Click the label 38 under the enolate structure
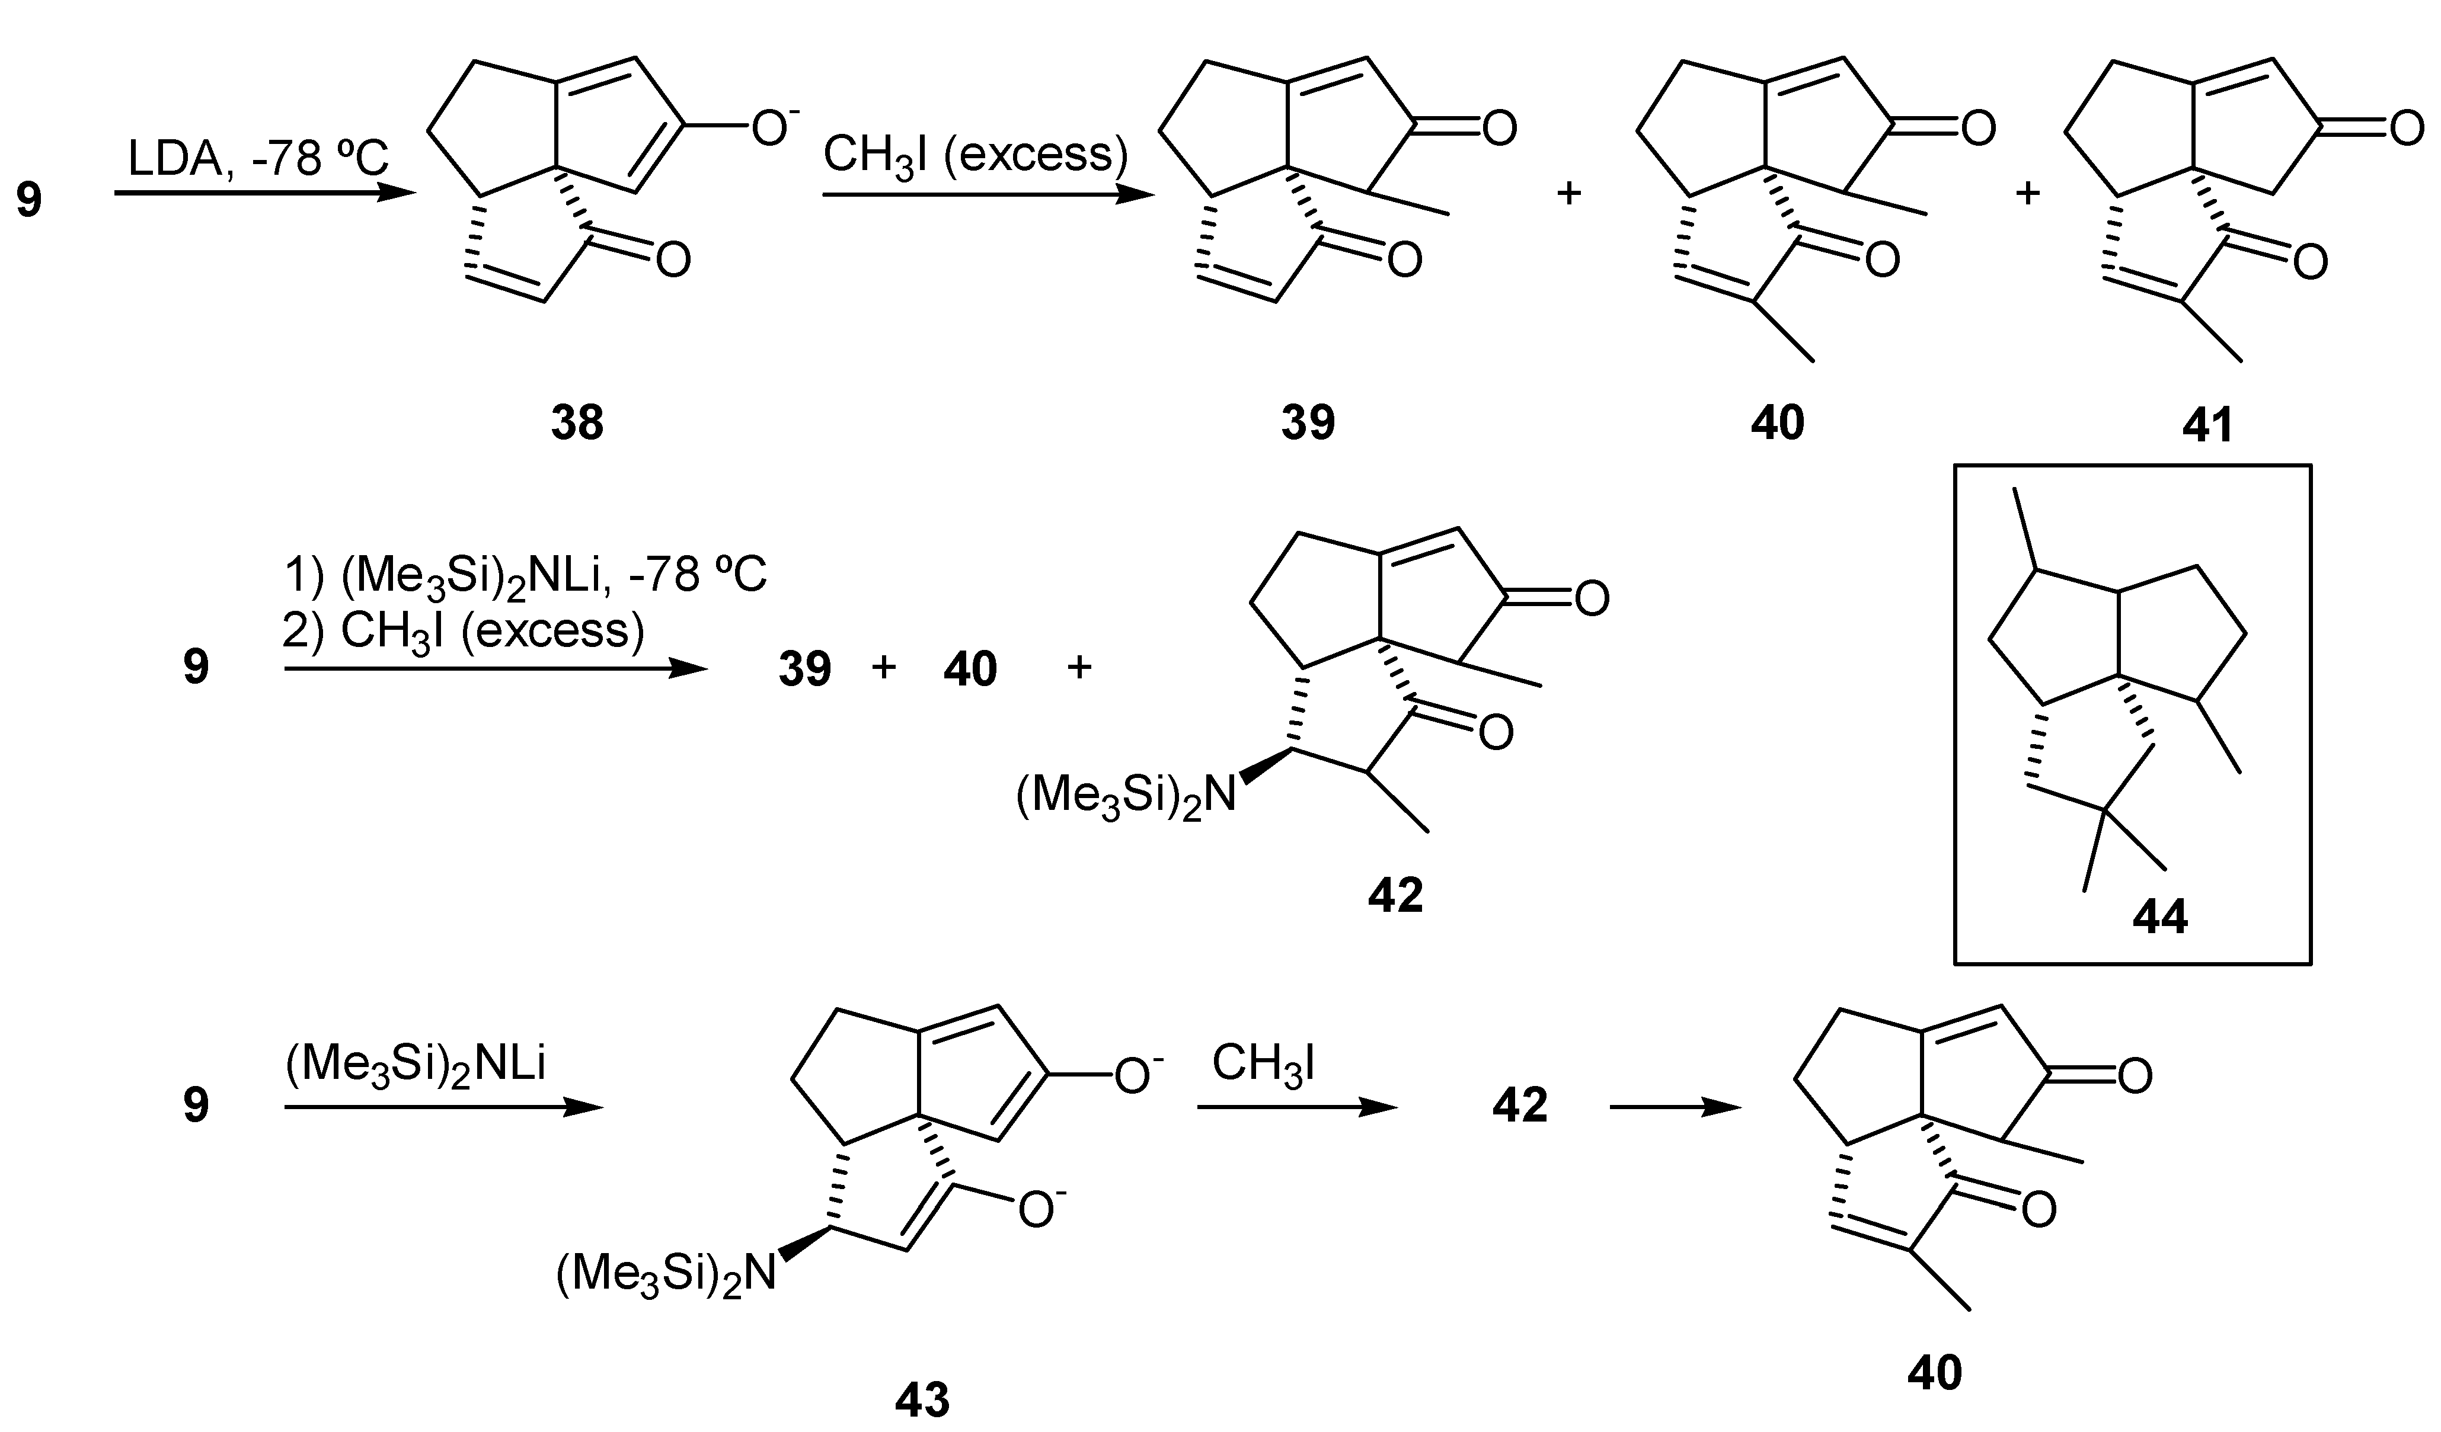(577, 423)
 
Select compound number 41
(2207, 425)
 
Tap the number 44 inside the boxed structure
(2160, 916)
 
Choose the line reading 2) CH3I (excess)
(463, 632)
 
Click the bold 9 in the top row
(29, 200)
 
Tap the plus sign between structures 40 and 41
(2027, 194)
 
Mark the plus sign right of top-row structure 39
(1568, 194)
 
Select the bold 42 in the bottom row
(1520, 1106)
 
